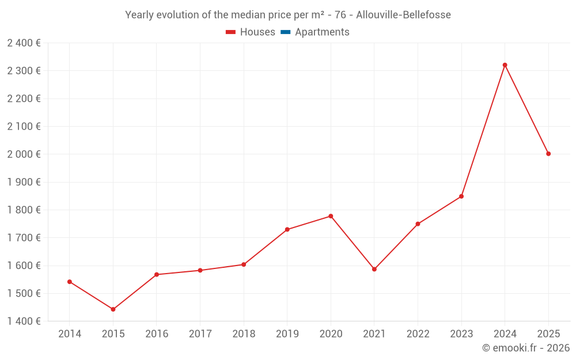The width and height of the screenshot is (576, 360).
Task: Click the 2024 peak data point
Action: [505, 65]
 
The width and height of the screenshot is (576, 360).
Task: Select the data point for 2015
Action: [113, 309]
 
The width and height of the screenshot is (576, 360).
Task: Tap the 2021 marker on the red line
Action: [374, 269]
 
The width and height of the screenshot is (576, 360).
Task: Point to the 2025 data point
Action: [548, 154]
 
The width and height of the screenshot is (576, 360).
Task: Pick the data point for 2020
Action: [331, 216]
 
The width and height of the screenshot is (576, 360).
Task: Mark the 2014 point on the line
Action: [70, 282]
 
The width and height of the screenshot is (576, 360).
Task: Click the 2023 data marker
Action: [461, 196]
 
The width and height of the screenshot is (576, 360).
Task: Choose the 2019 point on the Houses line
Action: [287, 229]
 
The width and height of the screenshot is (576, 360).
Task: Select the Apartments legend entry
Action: [322, 32]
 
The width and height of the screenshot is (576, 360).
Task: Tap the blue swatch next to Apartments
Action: [285, 32]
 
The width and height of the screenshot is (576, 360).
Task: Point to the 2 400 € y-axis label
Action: [24, 43]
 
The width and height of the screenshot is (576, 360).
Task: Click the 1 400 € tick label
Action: [24, 321]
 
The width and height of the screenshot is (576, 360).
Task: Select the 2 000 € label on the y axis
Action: [24, 154]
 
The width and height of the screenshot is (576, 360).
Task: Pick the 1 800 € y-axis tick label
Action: [24, 210]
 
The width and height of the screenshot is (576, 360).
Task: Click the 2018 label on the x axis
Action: [244, 334]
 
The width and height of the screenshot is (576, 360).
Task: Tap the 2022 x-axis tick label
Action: [418, 334]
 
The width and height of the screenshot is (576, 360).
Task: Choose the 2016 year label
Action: [157, 334]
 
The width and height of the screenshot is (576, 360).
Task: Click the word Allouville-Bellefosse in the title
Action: [403, 14]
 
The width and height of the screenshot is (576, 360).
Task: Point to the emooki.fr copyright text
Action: [526, 348]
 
